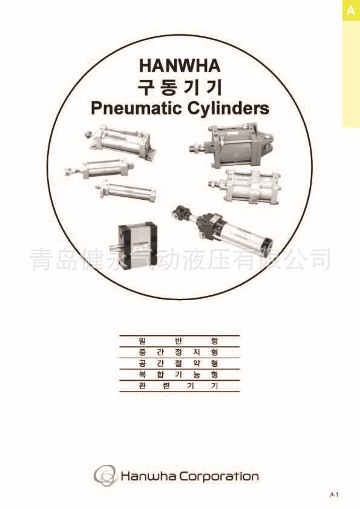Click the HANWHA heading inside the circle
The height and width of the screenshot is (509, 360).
pyautogui.click(x=180, y=65)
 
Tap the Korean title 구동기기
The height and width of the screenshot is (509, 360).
pyautogui.click(x=180, y=87)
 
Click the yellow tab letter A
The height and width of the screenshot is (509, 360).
pyautogui.click(x=351, y=10)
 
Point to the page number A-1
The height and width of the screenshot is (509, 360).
pyautogui.click(x=334, y=494)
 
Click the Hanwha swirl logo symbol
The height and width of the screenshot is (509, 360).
pyautogui.click(x=105, y=476)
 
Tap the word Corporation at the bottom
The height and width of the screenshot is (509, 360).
pyautogui.click(x=219, y=477)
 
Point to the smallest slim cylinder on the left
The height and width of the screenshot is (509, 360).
pyautogui.click(x=125, y=190)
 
